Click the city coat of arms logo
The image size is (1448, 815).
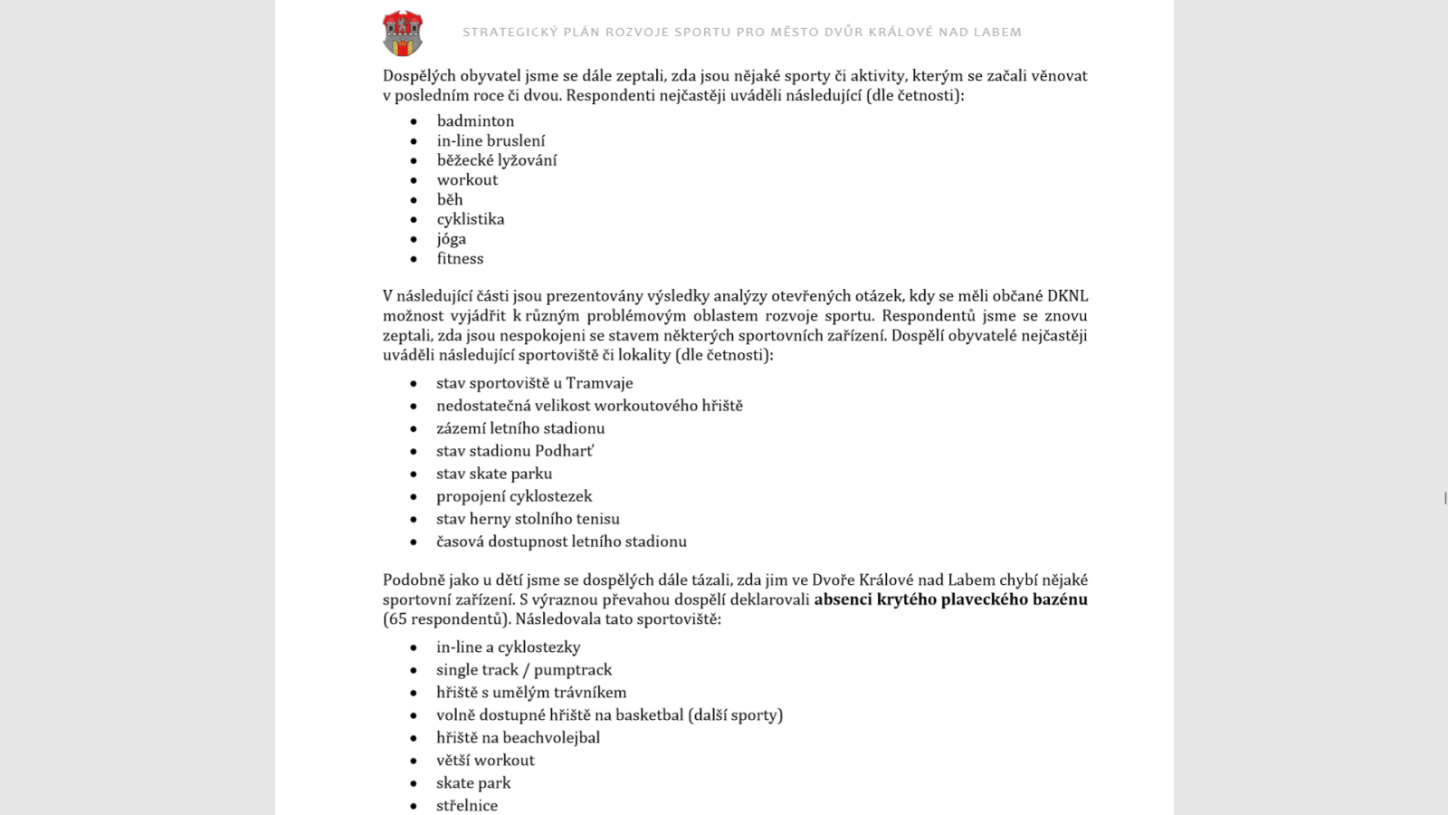click(x=403, y=34)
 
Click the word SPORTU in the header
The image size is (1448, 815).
click(x=702, y=33)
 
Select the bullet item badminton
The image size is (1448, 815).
click(x=475, y=120)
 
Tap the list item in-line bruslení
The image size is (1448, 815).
click(x=491, y=140)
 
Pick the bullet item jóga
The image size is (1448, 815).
click(x=451, y=239)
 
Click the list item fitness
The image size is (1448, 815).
click(x=460, y=259)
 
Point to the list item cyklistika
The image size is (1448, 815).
click(x=471, y=219)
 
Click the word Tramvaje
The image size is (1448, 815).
click(x=599, y=383)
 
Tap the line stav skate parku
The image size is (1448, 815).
click(x=494, y=474)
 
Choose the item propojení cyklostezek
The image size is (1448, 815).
click(x=514, y=496)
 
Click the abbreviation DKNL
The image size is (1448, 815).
click(x=1067, y=296)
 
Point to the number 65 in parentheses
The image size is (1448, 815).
click(x=397, y=619)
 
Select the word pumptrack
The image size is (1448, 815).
click(x=573, y=670)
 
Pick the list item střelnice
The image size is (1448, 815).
click(x=467, y=805)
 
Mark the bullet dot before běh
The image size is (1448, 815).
click(x=414, y=200)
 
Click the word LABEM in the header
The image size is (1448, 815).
click(x=997, y=33)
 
